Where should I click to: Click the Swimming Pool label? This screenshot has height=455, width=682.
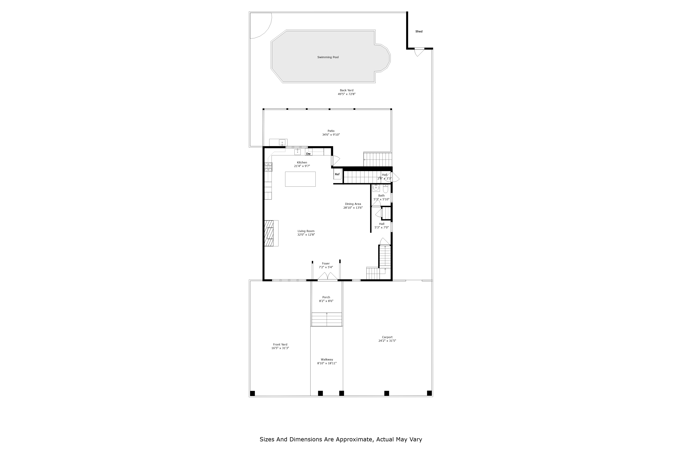328,57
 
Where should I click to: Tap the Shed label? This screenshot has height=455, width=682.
419,31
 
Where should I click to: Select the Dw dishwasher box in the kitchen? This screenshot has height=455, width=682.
308,154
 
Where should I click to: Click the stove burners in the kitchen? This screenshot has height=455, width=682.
268,167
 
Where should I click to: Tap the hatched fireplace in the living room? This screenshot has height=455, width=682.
269,233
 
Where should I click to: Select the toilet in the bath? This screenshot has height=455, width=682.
385,189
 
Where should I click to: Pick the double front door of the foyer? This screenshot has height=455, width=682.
327,277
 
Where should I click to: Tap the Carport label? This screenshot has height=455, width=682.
387,337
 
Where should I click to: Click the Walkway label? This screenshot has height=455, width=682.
327,359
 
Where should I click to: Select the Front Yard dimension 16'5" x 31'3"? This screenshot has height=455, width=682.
280,348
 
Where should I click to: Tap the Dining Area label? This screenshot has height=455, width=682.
353,204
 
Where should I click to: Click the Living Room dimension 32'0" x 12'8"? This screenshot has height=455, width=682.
306,235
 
